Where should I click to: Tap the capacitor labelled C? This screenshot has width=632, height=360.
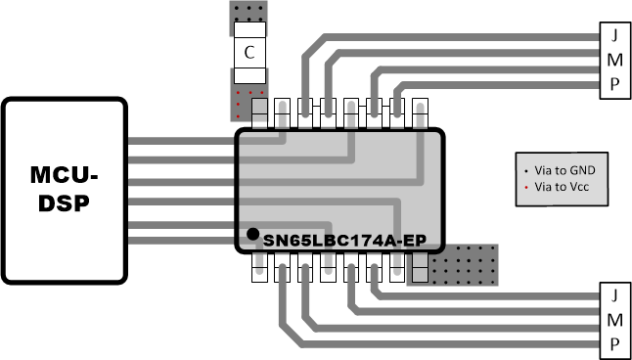point(249,53)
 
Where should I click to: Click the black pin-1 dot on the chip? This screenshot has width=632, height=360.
point(252,234)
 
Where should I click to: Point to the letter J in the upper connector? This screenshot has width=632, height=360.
point(614,33)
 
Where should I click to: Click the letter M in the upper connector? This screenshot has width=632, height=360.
point(614,58)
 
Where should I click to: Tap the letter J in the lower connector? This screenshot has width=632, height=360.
point(614,295)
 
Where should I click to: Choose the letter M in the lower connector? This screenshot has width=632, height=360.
point(614,319)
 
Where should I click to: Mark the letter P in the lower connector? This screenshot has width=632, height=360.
point(614,343)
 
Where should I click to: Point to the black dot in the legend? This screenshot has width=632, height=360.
point(526,170)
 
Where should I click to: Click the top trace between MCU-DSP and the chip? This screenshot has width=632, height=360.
point(181,141)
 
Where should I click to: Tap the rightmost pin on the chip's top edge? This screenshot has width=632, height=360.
point(422,113)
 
